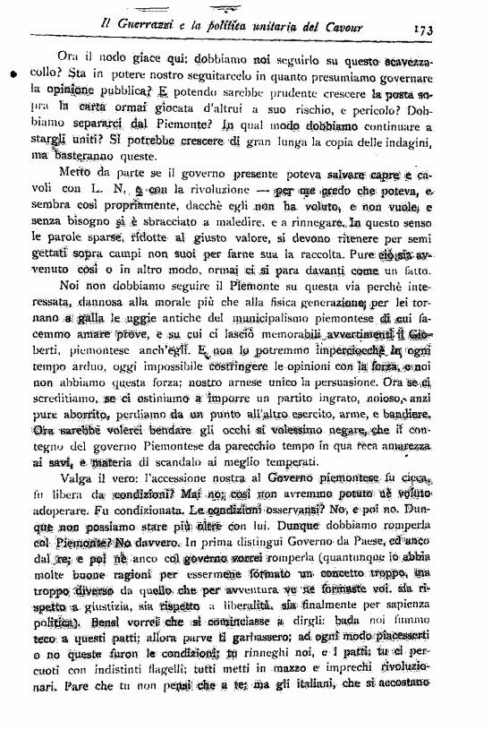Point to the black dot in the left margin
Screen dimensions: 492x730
(13, 76)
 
